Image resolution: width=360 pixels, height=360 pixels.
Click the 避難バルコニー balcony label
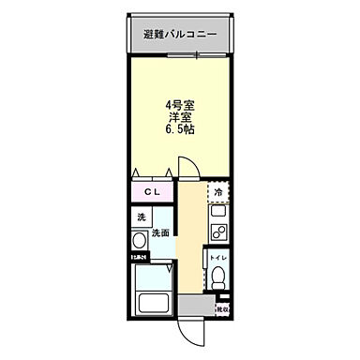coord(180,35)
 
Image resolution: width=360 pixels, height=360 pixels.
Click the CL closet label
coord(151,194)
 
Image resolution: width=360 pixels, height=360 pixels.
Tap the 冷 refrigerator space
coord(218,193)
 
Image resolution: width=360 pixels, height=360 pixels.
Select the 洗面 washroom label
coord(159,232)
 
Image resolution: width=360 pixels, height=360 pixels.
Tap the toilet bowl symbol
coord(217,279)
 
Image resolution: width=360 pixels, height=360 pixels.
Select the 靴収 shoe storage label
coord(223,307)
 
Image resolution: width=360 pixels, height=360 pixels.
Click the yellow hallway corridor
coord(191,244)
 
